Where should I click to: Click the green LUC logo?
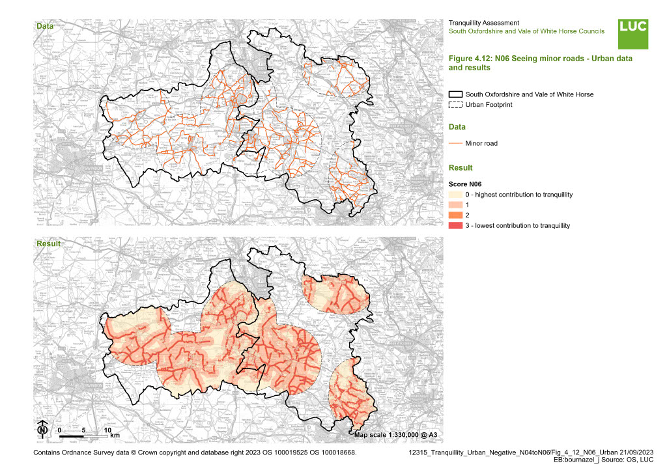pos(633,33)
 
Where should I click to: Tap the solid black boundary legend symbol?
pos(456,94)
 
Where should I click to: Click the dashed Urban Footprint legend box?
pos(456,105)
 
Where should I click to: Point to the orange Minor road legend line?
pos(456,143)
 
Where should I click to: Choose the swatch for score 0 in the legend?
pos(456,195)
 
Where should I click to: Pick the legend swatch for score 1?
pos(456,205)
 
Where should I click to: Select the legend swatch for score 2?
pos(456,215)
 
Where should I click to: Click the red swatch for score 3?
pos(456,226)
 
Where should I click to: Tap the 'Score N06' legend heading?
pos(465,184)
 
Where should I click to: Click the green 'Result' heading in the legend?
pos(461,168)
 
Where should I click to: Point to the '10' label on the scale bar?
pos(108,430)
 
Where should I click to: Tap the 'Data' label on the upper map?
pos(45,26)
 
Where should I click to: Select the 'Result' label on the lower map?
pos(48,244)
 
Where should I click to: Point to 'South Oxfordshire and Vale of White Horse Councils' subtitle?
pos(526,31)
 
